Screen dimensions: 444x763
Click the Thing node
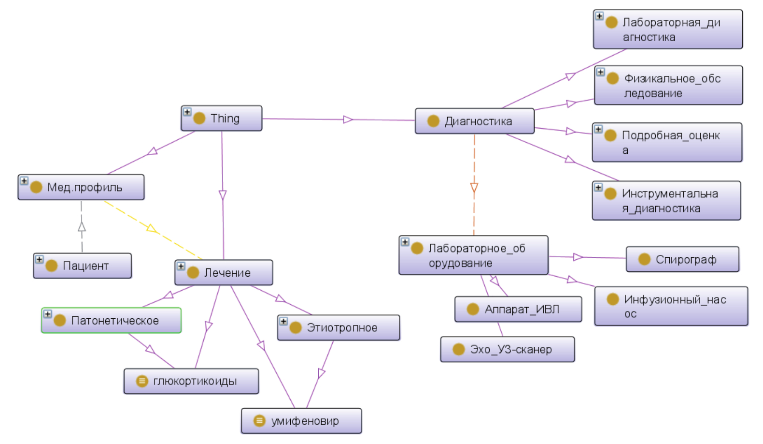point(222,118)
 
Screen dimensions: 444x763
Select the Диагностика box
point(475,121)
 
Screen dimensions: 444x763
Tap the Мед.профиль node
point(81,187)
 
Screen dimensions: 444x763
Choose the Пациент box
point(83,266)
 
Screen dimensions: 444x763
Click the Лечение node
point(224,273)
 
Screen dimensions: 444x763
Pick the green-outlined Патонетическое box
point(112,320)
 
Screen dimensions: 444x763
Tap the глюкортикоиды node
point(191,381)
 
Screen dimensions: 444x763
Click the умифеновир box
point(301,421)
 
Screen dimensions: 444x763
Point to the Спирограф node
point(682,259)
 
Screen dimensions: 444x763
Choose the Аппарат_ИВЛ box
point(518,309)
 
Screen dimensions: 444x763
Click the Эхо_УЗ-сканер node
point(508,349)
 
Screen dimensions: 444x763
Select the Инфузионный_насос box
point(671,306)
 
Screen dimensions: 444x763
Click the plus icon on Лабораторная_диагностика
point(599,16)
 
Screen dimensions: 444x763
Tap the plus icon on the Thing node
point(187,112)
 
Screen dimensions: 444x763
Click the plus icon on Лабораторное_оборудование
point(405,242)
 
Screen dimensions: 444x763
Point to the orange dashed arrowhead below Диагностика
point(474,188)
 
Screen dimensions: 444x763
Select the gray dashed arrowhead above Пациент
point(82,226)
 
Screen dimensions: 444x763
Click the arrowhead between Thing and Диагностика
point(348,119)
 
